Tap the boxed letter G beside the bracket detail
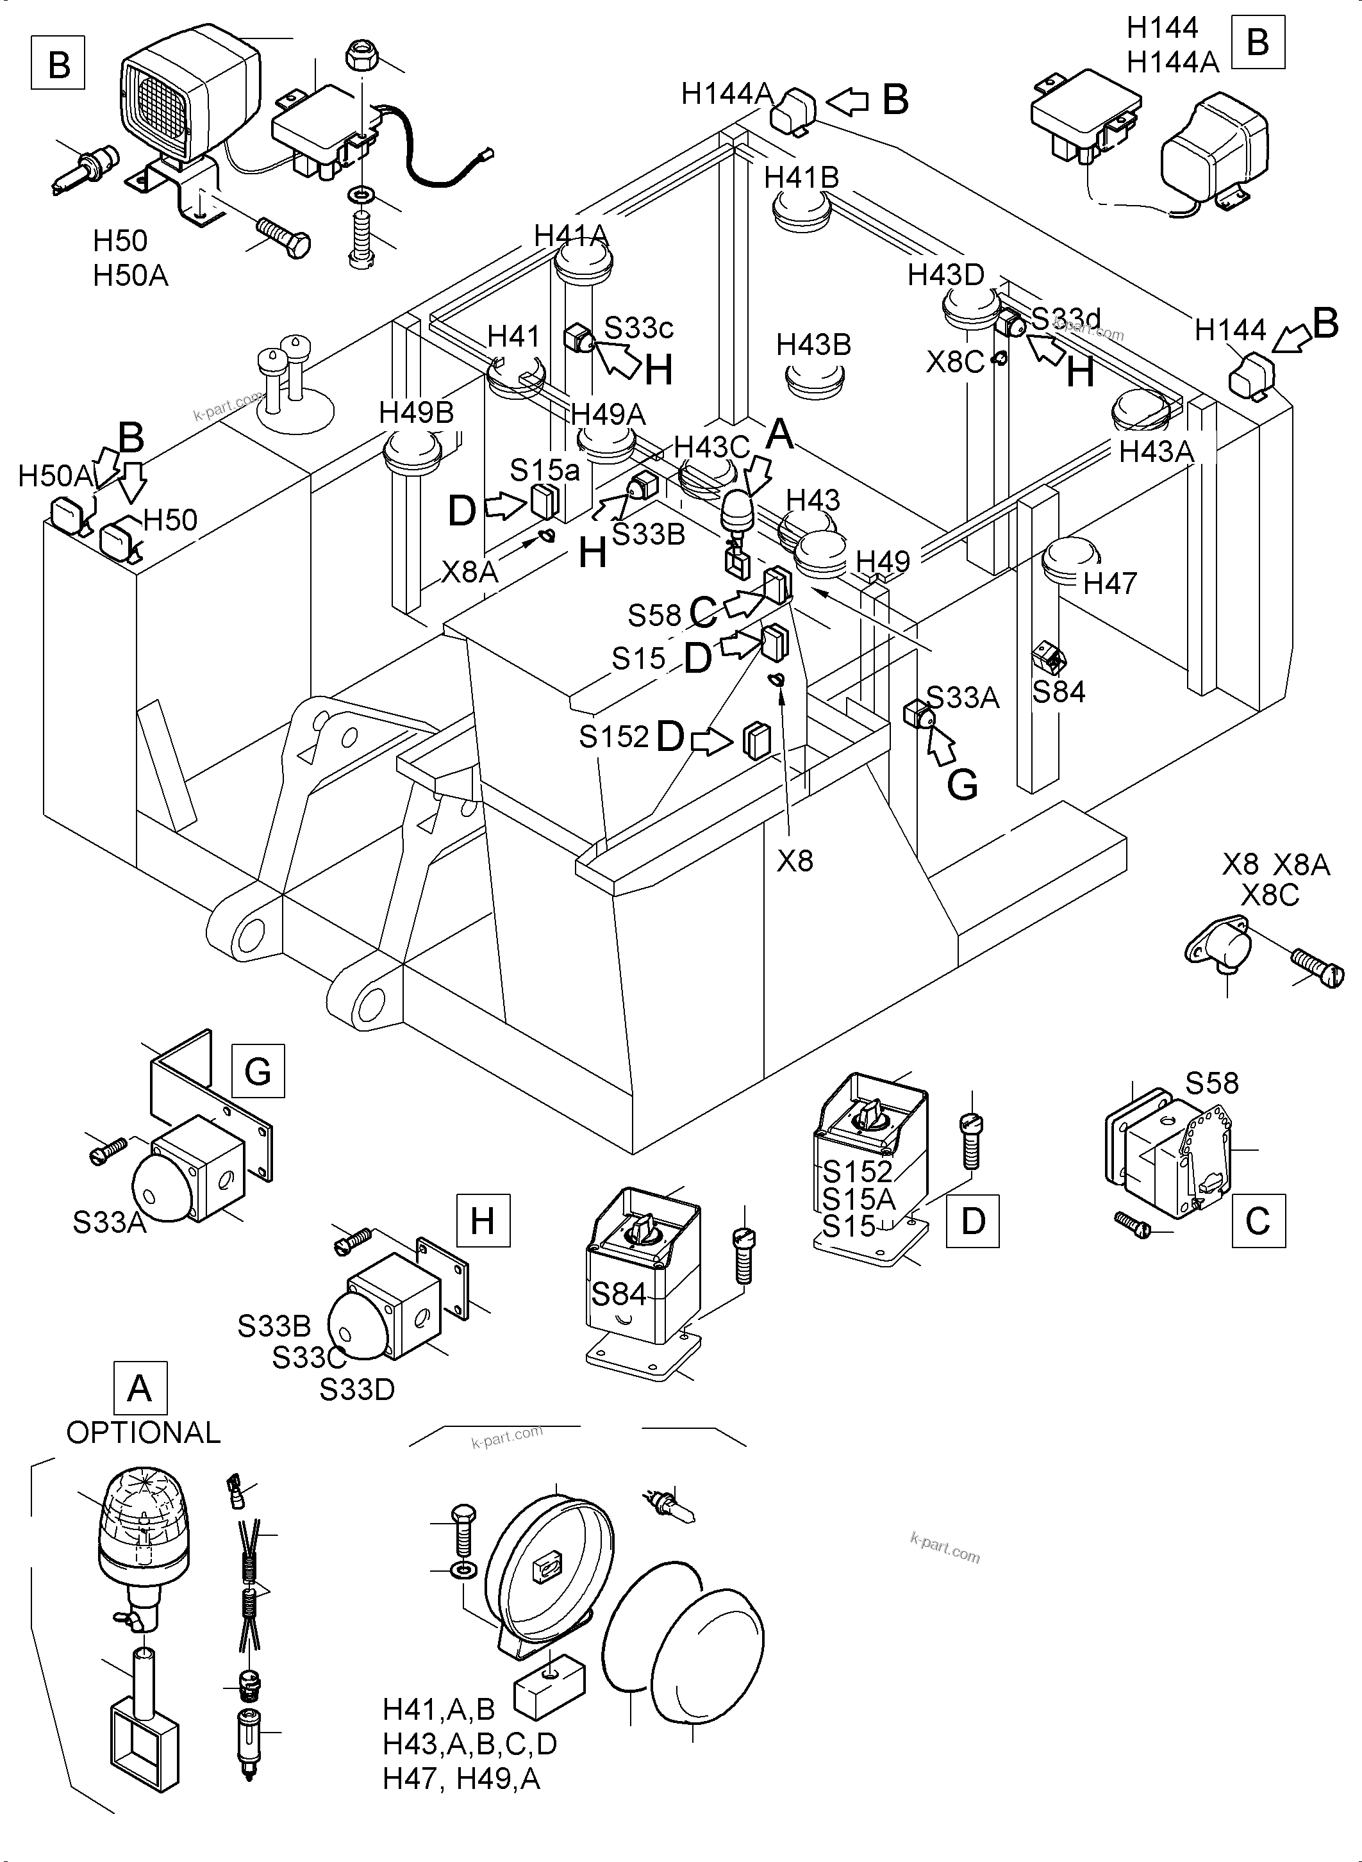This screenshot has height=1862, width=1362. click(x=258, y=1071)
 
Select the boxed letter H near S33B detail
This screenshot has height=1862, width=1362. click(x=482, y=1220)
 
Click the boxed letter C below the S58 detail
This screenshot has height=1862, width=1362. click(x=1258, y=1221)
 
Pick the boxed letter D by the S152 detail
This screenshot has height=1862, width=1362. click(x=973, y=1221)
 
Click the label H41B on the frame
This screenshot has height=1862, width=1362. click(x=801, y=177)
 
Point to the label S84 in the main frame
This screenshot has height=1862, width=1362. click(x=1059, y=691)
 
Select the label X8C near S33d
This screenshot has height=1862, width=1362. click(x=955, y=362)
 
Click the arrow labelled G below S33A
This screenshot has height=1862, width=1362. click(x=942, y=746)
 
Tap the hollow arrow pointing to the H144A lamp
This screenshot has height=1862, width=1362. click(x=847, y=101)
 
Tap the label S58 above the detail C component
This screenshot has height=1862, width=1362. click(x=1212, y=1082)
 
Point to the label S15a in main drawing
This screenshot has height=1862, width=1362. click(x=544, y=470)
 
